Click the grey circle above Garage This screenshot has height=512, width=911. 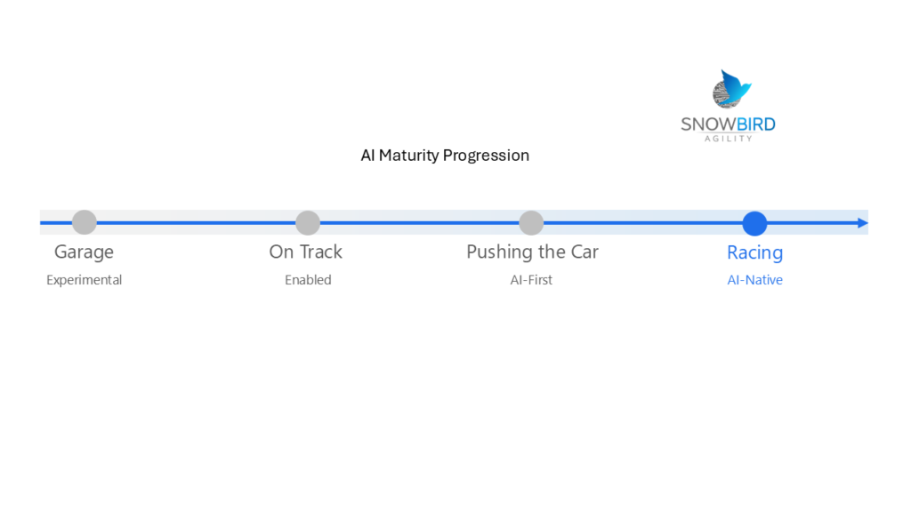[85, 222]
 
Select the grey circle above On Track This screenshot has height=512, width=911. [308, 222]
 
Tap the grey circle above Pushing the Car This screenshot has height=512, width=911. [531, 222]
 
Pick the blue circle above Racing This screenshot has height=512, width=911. [754, 222]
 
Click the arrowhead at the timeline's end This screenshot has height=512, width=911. [863, 223]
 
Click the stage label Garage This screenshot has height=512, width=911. [84, 252]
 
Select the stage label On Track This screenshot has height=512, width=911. [305, 252]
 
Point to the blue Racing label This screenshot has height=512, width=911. [754, 252]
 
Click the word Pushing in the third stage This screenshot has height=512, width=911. [500, 252]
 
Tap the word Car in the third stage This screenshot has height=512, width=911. [584, 252]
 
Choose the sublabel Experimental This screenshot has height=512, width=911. [84, 280]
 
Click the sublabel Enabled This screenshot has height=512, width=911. [308, 280]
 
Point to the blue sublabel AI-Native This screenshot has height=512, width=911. [754, 280]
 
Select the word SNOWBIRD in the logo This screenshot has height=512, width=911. [728, 124]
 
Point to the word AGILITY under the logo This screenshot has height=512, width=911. [728, 139]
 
